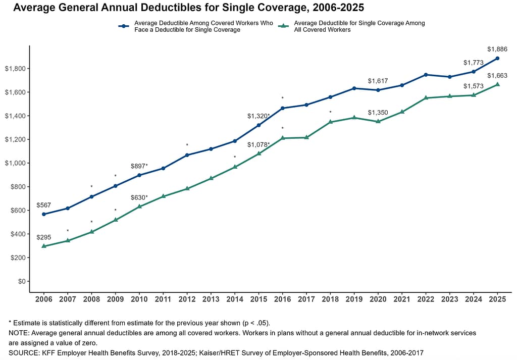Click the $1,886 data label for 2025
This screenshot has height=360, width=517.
coord(497,49)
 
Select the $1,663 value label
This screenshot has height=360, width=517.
coord(497,76)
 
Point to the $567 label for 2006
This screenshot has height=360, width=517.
coord(44,205)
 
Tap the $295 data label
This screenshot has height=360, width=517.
coord(44,237)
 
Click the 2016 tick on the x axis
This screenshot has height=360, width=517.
coord(283,300)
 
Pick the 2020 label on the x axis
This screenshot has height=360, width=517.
coord(378,300)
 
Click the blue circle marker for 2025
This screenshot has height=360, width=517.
coord(497,58)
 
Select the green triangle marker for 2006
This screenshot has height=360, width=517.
coord(44,246)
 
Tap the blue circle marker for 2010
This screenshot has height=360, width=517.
coord(139,175)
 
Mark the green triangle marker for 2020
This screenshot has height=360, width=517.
coord(378,121)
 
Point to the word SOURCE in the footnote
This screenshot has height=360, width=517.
coord(23,352)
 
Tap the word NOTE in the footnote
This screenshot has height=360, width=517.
coord(19,333)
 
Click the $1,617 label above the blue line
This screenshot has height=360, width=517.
coord(378,81)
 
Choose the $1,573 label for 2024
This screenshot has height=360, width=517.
coord(474,86)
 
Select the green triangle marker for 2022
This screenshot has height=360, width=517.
coord(426,97)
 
